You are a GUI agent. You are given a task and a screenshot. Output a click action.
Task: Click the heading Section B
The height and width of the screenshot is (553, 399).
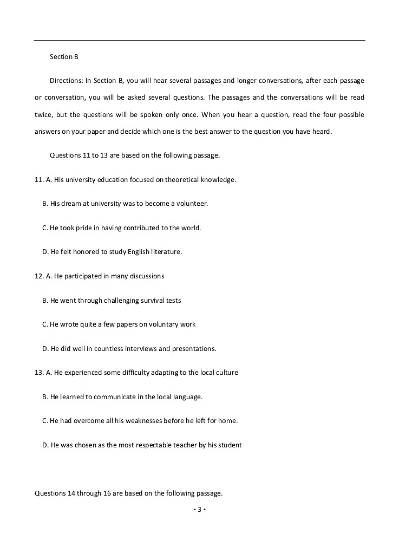click(64, 57)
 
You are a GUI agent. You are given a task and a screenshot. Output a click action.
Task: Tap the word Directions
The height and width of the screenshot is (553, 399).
click(66, 81)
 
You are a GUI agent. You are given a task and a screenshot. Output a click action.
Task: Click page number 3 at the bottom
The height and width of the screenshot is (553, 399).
click(199, 510)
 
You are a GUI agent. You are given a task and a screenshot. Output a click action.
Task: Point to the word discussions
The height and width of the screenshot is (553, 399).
click(145, 276)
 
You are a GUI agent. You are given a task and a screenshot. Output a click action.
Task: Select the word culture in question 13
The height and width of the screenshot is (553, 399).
click(226, 373)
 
